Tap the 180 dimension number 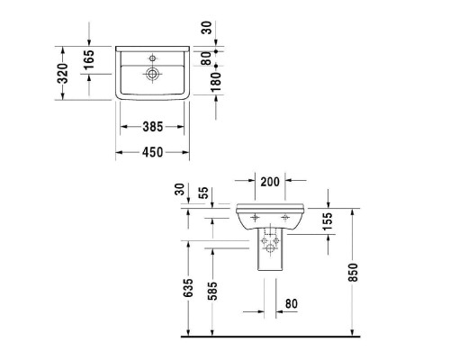tap(213, 85)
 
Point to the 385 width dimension tap(152, 128)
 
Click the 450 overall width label tap(152, 153)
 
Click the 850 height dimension tap(354, 274)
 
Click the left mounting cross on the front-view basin tap(256, 217)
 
